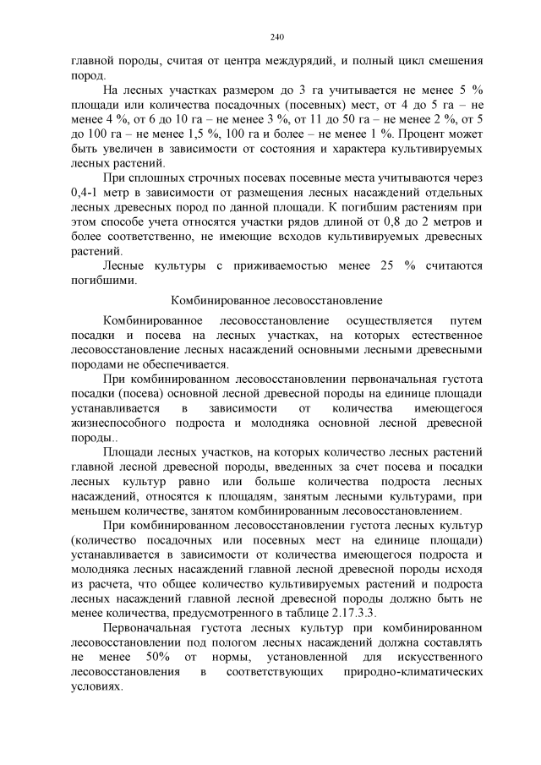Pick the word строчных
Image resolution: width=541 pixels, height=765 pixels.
click(211, 179)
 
